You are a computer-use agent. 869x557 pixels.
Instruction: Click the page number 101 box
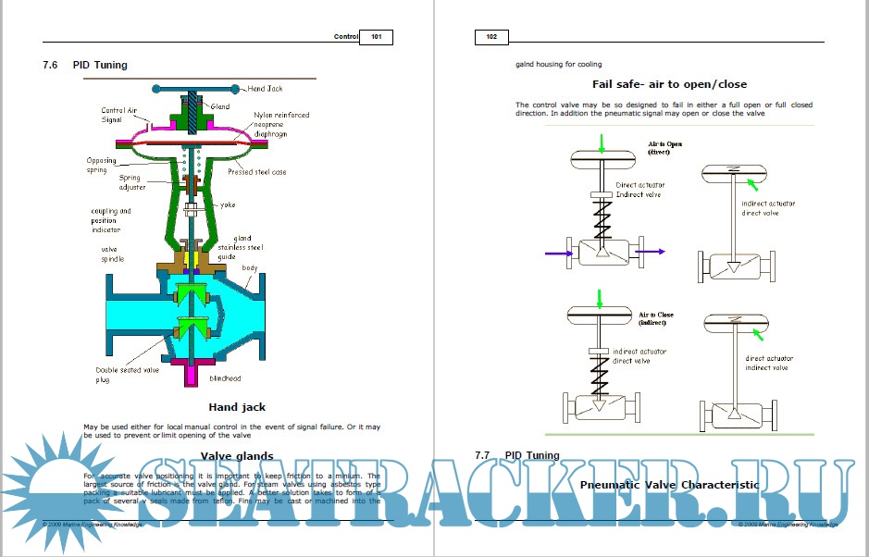(376, 37)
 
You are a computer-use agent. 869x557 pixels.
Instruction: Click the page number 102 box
(491, 37)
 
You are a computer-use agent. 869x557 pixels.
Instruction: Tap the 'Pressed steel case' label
(256, 172)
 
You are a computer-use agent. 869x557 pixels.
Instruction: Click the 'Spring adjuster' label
(131, 182)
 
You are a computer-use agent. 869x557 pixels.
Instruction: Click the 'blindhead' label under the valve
(226, 378)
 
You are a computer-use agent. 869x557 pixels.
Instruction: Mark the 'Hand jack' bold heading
(237, 407)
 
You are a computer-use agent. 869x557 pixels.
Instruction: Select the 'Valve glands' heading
(237, 455)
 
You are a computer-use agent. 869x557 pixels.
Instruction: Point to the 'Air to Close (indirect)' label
(655, 319)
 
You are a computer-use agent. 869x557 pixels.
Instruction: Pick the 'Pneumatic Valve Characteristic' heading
(669, 484)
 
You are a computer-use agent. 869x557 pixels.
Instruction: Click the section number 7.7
(481, 455)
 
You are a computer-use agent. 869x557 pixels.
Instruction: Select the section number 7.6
(51, 66)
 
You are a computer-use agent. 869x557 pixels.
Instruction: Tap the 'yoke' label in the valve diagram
(228, 204)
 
